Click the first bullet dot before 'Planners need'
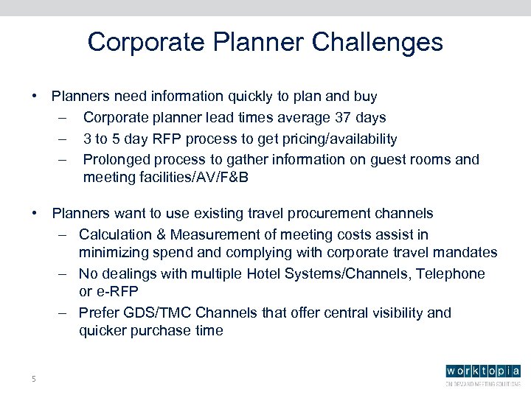point(35,97)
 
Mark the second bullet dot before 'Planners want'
point(35,214)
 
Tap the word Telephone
point(451,273)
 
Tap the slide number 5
point(33,379)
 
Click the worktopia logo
point(482,372)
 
